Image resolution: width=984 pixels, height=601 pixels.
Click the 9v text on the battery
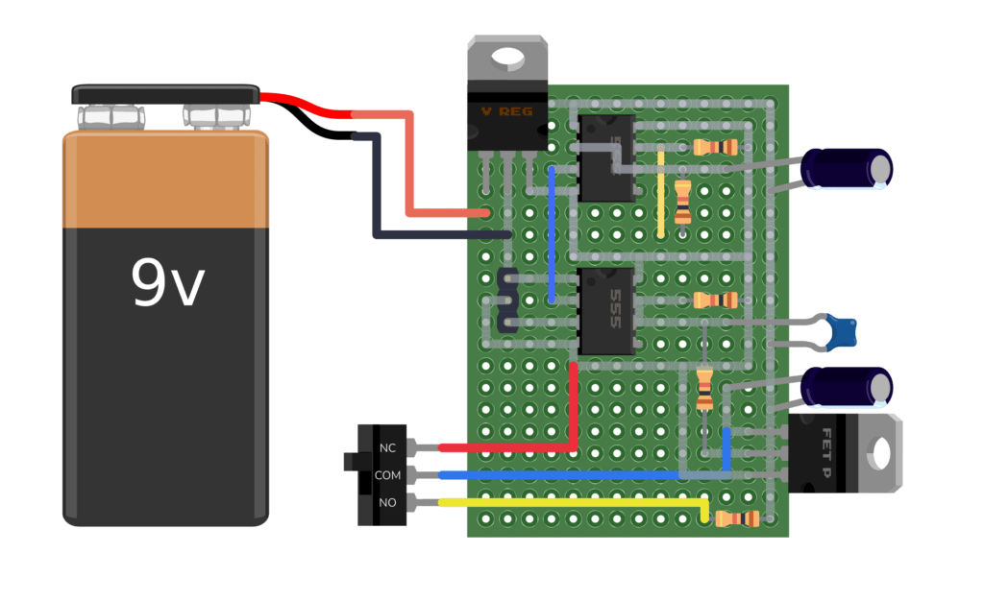pos(168,283)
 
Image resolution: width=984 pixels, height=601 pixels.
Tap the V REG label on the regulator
pos(506,111)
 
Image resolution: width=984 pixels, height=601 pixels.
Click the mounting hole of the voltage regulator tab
pos(506,60)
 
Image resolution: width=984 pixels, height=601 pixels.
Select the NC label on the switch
pos(387,448)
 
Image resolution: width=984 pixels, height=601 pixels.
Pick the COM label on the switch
pos(387,475)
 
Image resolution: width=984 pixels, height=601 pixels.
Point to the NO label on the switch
pos(387,502)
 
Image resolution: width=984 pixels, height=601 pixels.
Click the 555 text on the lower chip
pos(615,310)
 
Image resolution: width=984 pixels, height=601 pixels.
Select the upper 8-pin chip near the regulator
pos(606,157)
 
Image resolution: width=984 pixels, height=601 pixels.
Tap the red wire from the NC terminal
pos(509,447)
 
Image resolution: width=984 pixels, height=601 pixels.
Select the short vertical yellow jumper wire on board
pos(661,192)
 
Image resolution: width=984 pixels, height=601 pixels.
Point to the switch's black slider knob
pos(351,462)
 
